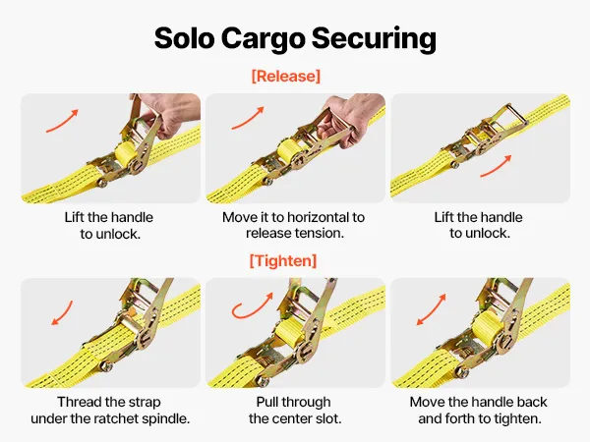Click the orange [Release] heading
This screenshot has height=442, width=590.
[x=286, y=76]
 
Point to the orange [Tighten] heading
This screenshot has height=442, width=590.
[x=283, y=260]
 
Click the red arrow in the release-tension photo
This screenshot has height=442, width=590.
[x=248, y=118]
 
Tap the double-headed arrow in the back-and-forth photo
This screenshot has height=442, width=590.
[x=432, y=309]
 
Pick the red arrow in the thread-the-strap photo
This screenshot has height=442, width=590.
[x=63, y=312]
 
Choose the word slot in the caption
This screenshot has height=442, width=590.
[x=327, y=418]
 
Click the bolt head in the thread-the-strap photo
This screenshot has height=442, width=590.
[x=105, y=365]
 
